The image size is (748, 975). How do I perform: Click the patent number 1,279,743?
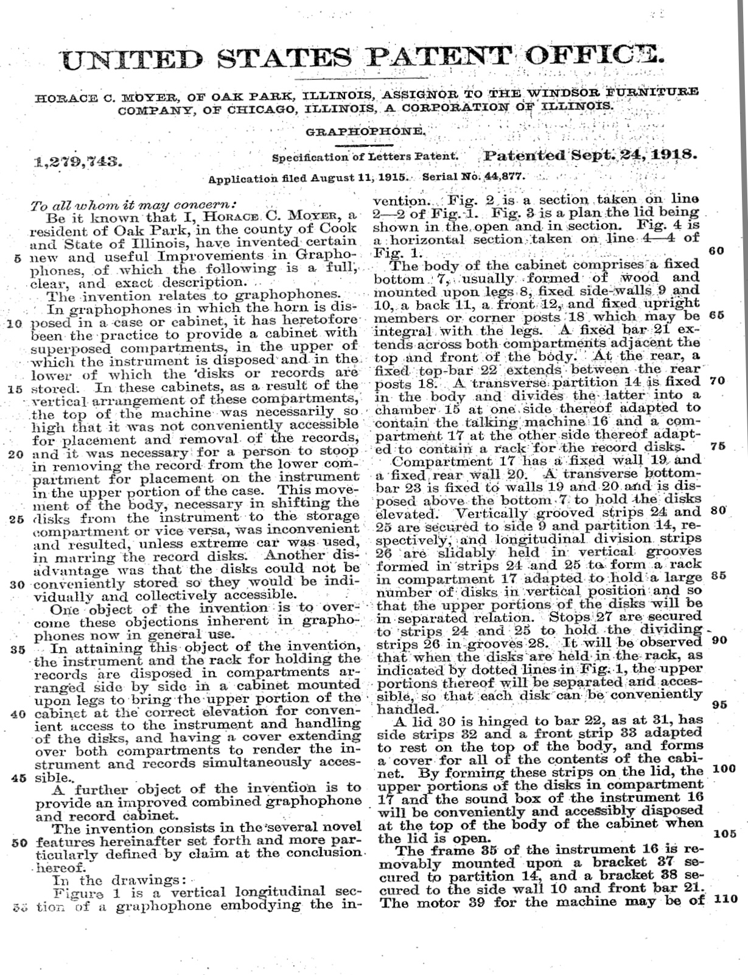coord(79,162)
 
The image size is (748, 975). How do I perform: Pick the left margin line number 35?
coord(17,649)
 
